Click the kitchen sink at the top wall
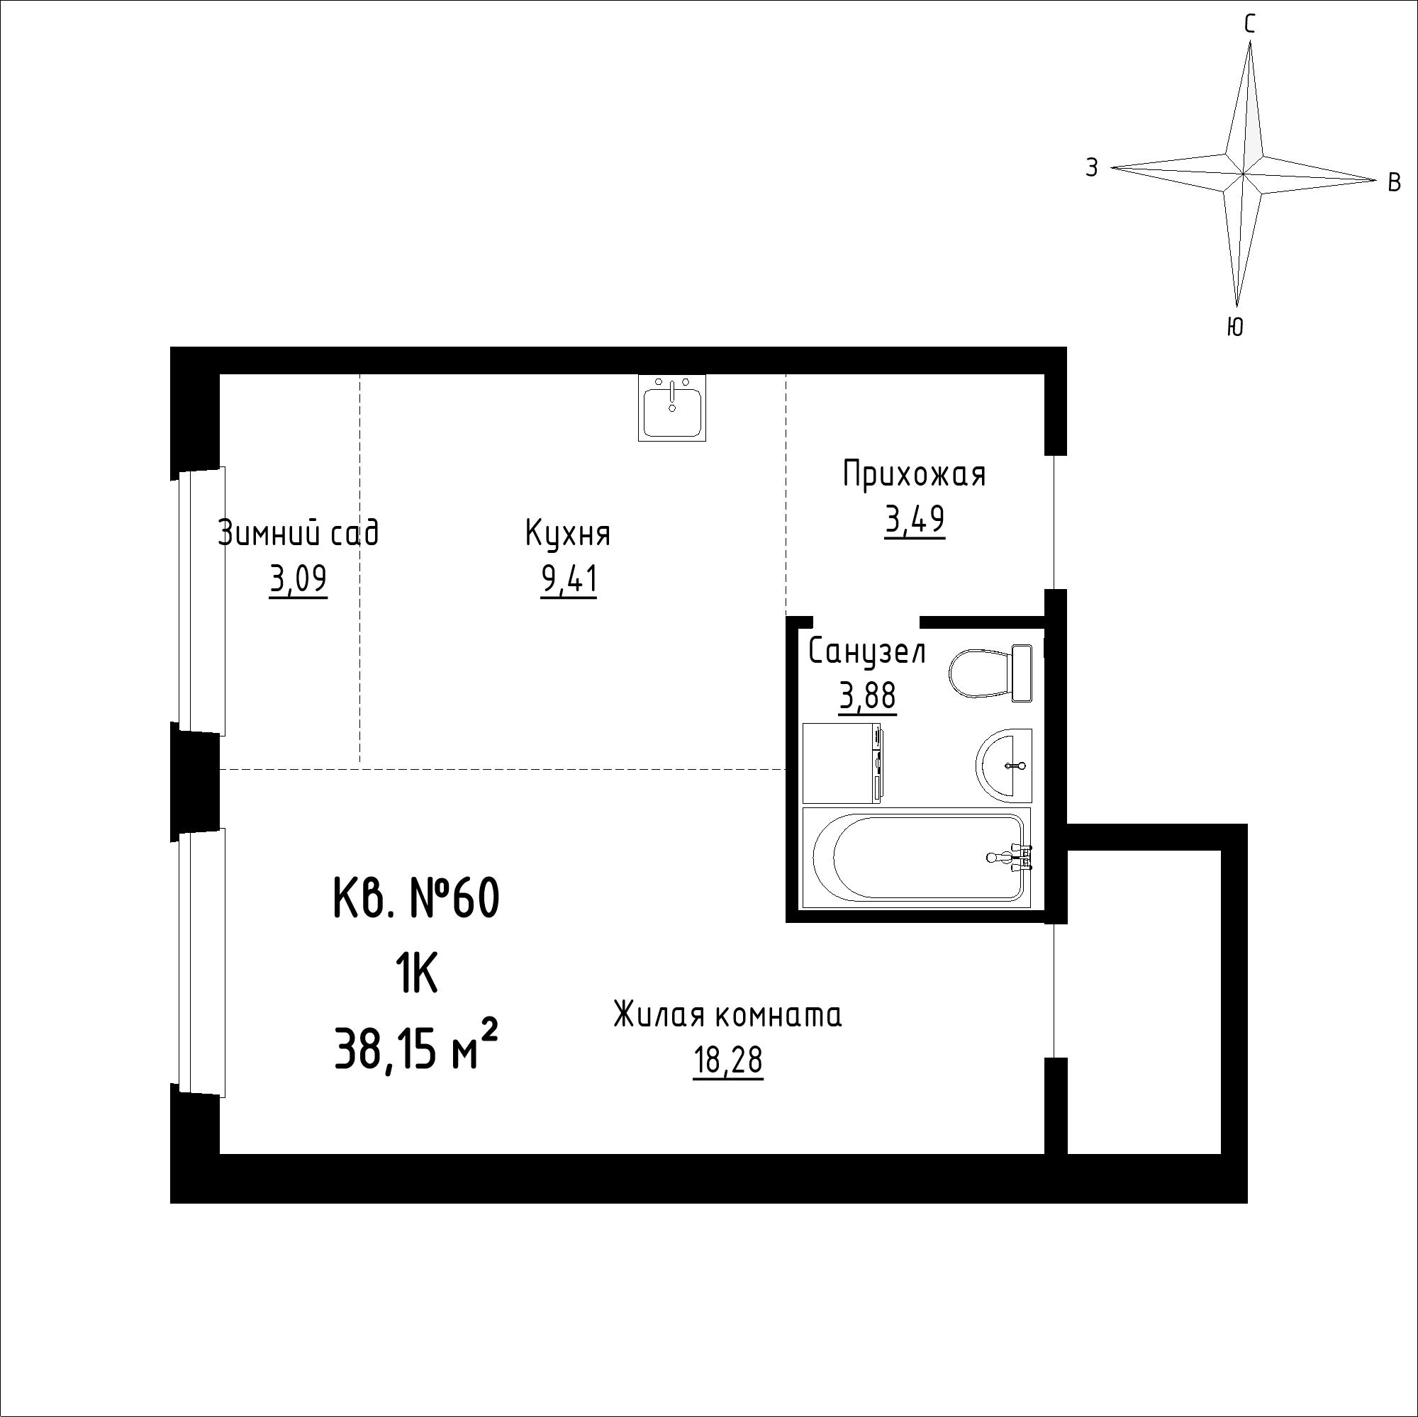(x=671, y=408)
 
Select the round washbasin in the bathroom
(x=1004, y=763)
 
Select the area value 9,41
(x=569, y=581)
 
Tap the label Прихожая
(x=914, y=474)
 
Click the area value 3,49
(x=915, y=520)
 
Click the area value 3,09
(x=298, y=581)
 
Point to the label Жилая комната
(x=727, y=1015)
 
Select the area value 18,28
(x=728, y=1061)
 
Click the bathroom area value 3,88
(x=868, y=695)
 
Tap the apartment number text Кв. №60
(x=417, y=898)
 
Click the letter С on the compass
(x=1249, y=25)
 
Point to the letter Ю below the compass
(x=1235, y=327)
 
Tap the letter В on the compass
(x=1395, y=183)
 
